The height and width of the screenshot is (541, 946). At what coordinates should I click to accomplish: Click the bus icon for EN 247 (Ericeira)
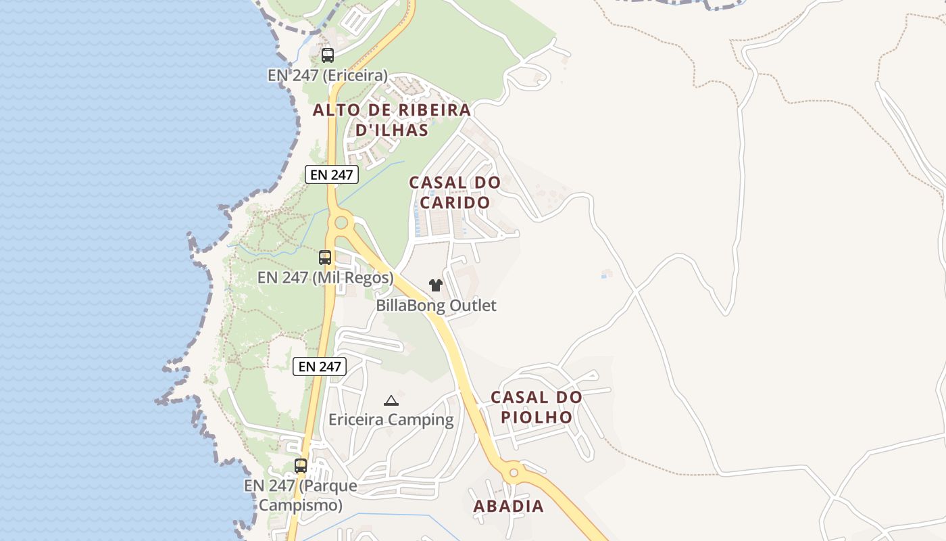click(x=328, y=55)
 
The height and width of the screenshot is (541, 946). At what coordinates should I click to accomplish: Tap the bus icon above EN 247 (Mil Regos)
click(x=325, y=258)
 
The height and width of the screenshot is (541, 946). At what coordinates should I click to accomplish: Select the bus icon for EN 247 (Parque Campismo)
click(x=301, y=466)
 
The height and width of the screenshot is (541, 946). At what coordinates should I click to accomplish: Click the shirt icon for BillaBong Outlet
click(x=436, y=285)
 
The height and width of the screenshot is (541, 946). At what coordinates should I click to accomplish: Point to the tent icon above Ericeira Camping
click(x=391, y=400)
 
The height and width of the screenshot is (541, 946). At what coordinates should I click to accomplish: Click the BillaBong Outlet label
click(x=436, y=306)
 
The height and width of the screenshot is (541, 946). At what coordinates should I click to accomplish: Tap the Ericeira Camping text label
click(x=391, y=420)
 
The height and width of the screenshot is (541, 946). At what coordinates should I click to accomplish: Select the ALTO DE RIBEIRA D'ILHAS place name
click(x=392, y=120)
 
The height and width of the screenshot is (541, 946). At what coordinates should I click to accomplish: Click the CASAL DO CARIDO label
click(x=455, y=192)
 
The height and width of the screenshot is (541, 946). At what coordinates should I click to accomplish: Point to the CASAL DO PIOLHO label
click(x=537, y=407)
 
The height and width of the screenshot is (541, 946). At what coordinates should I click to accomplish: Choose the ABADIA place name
click(x=508, y=507)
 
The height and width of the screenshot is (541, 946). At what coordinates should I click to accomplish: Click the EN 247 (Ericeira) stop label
click(x=328, y=75)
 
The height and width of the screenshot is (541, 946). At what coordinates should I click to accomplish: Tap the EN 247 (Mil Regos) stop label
click(x=325, y=278)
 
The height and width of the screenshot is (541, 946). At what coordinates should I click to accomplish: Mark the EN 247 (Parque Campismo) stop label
click(x=301, y=495)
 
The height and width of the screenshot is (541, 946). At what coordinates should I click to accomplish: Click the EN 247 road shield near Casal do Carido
click(x=331, y=174)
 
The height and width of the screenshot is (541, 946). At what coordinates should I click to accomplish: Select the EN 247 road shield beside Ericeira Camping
click(x=320, y=367)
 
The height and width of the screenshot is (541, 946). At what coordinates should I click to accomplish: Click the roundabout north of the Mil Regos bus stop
click(x=341, y=222)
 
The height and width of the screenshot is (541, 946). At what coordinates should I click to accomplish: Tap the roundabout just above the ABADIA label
click(x=514, y=472)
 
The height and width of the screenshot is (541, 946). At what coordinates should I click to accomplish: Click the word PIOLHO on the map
click(x=537, y=417)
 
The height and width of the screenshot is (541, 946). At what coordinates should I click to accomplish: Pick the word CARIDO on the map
click(x=455, y=202)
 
